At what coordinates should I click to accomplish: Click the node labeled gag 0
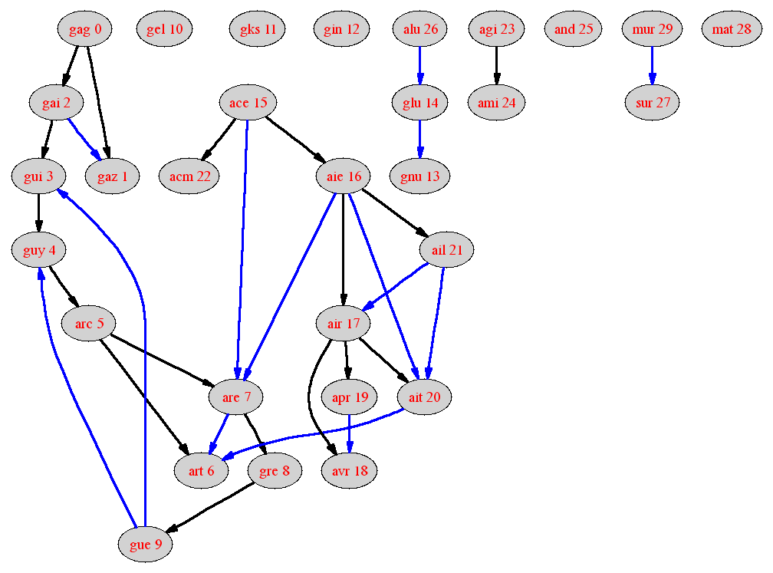(85, 29)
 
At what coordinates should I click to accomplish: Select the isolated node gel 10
(164, 29)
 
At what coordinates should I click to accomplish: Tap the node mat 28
(732, 29)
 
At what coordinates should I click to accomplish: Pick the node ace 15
(248, 103)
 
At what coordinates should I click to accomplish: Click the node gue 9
(146, 545)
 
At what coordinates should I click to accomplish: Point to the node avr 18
(350, 471)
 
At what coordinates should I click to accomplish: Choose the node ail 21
(446, 250)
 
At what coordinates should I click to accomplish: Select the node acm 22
(189, 176)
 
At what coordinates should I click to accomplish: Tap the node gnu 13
(419, 176)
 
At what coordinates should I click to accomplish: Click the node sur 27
(652, 103)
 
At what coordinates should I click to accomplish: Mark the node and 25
(574, 29)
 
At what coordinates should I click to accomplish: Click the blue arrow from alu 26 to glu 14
(420, 66)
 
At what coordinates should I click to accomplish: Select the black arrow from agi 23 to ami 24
(496, 66)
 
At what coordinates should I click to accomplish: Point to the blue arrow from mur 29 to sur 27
(652, 66)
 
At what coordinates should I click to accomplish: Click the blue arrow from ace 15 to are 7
(242, 249)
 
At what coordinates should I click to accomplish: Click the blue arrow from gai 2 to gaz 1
(84, 140)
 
